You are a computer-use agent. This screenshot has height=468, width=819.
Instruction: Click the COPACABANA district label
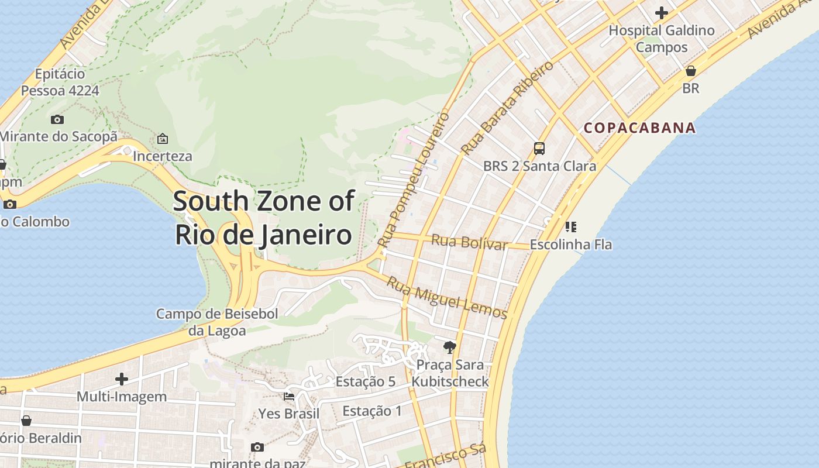pyautogui.click(x=640, y=128)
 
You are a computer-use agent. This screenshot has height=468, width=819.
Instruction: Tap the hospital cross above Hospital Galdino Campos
pyautogui.click(x=662, y=12)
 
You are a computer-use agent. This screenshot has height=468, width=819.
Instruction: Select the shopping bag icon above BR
pyautogui.click(x=691, y=71)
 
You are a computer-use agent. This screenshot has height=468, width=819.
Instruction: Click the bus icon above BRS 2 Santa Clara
pyautogui.click(x=539, y=149)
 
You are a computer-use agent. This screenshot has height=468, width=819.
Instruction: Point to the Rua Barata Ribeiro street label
pyautogui.click(x=507, y=108)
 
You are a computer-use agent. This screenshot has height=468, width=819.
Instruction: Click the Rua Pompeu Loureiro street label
pyautogui.click(x=414, y=179)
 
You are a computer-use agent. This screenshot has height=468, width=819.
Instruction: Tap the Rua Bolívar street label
pyautogui.click(x=469, y=242)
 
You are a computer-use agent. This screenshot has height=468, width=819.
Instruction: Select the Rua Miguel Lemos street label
pyautogui.click(x=447, y=298)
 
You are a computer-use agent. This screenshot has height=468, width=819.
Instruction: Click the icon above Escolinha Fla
pyautogui.click(x=571, y=227)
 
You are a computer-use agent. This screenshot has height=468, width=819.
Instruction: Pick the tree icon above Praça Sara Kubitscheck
pyautogui.click(x=449, y=347)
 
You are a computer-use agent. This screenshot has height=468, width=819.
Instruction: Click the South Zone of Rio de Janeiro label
pyautogui.click(x=264, y=218)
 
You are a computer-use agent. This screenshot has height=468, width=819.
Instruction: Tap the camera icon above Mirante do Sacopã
pyautogui.click(x=57, y=119)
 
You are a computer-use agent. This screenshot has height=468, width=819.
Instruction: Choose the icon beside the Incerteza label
pyautogui.click(x=163, y=139)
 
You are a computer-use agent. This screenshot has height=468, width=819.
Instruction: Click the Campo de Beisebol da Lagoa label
pyautogui.click(x=217, y=322)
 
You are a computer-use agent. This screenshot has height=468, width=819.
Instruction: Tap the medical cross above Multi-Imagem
pyautogui.click(x=122, y=379)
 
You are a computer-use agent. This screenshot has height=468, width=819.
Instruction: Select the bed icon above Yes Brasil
pyautogui.click(x=289, y=396)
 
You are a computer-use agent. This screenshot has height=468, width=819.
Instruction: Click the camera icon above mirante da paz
pyautogui.click(x=257, y=447)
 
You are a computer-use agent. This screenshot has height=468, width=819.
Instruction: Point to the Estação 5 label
pyautogui.click(x=366, y=382)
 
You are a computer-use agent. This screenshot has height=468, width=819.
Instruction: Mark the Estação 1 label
pyautogui.click(x=372, y=411)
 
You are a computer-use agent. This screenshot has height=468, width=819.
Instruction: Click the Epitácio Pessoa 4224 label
pyautogui.click(x=60, y=82)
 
